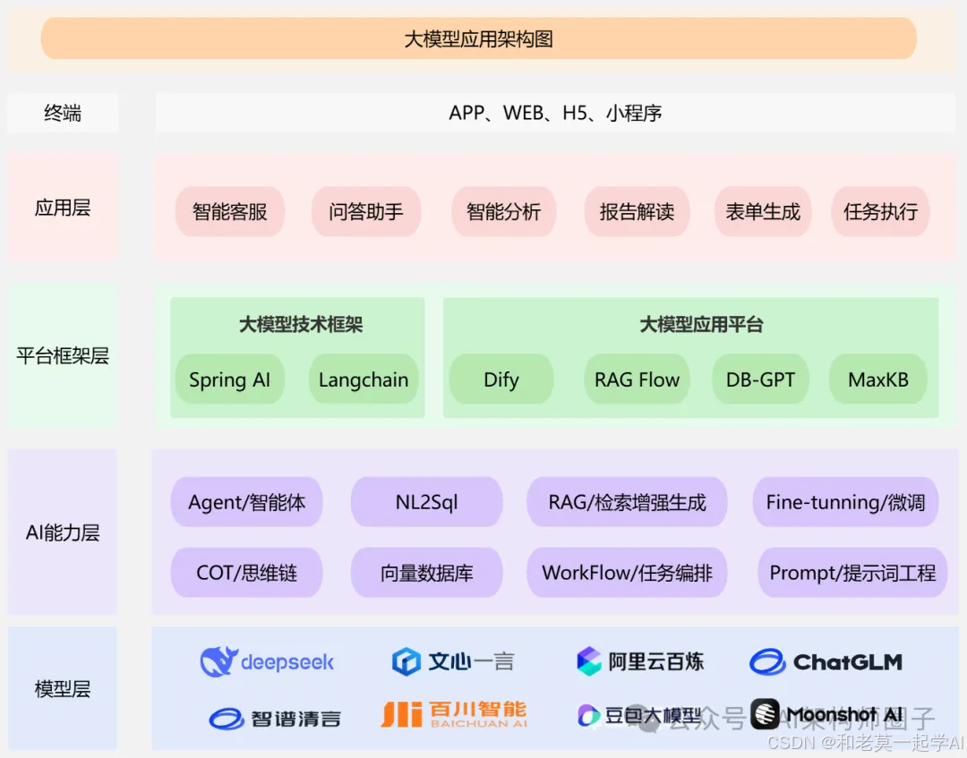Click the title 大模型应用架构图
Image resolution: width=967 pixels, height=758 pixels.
point(478,38)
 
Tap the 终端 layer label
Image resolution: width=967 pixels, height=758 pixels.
point(63,114)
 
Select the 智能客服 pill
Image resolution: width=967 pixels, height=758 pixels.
point(230,212)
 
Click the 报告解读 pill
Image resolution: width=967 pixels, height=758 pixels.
point(637,212)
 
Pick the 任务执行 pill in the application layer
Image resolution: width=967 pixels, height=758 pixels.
point(880,212)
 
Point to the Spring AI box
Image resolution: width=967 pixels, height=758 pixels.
point(229,379)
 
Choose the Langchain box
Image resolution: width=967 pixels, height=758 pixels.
point(364,379)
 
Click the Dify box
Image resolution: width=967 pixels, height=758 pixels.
point(501,379)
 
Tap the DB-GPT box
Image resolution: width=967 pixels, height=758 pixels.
point(760,379)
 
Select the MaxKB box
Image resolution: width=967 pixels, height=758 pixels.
point(878,379)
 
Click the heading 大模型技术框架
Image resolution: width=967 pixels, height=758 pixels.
point(301,325)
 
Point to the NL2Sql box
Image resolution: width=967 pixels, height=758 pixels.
point(426,502)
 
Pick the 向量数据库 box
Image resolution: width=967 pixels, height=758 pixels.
point(426,573)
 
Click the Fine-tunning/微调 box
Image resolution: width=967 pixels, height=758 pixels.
point(845,502)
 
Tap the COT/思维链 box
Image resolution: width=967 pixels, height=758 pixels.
point(246,573)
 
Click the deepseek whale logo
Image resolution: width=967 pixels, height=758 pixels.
point(218,662)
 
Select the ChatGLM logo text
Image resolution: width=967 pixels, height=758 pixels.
point(847,662)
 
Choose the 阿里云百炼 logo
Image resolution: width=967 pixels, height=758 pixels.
point(640,662)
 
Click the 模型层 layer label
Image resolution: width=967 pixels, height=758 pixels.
point(63,689)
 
